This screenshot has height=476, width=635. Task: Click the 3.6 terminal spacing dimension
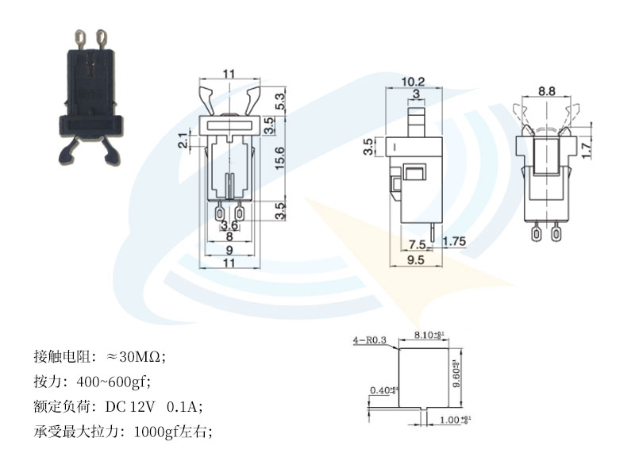click(x=229, y=225)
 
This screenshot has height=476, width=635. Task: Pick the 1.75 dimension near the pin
click(x=454, y=241)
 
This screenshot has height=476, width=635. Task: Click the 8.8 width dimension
click(x=546, y=91)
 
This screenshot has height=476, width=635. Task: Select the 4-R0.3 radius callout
click(x=368, y=341)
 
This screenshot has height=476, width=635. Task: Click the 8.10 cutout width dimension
click(x=429, y=336)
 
